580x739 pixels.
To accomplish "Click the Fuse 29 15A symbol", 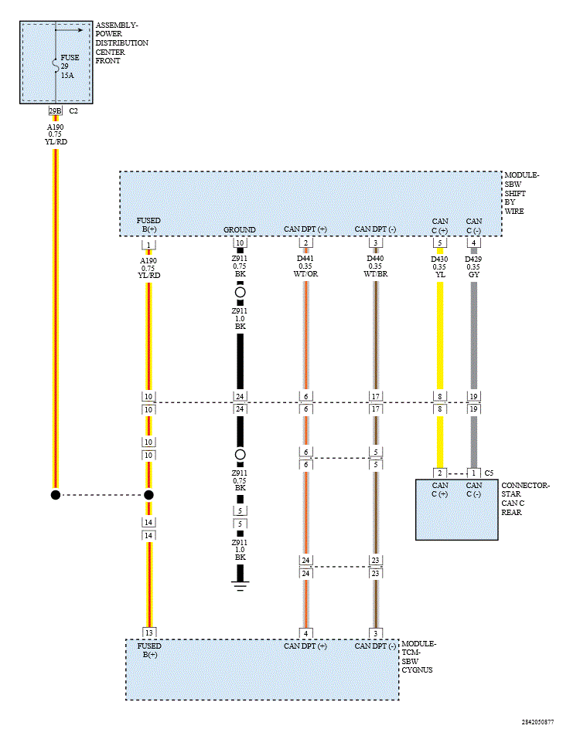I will (55, 66).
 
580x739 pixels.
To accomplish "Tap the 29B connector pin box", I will (55, 111).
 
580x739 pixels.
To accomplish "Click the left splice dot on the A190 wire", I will (55, 495).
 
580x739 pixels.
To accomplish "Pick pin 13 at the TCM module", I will (149, 633).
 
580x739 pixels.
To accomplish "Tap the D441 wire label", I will (305, 259).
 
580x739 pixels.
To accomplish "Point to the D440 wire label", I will (376, 259).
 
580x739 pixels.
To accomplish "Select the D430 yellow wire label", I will (440, 259).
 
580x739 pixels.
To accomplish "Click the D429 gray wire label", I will (474, 259).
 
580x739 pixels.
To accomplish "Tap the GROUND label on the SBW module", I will (240, 230).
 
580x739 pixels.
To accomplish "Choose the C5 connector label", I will (489, 473).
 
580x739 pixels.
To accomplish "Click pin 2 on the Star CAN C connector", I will (440, 473).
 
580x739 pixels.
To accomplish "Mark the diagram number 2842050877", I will (537, 722).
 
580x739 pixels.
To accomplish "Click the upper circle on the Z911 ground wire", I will (240, 293).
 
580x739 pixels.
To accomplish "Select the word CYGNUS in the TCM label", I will (418, 670).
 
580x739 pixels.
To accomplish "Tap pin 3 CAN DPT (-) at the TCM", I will (376, 633).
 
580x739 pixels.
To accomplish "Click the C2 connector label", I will (74, 111).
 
